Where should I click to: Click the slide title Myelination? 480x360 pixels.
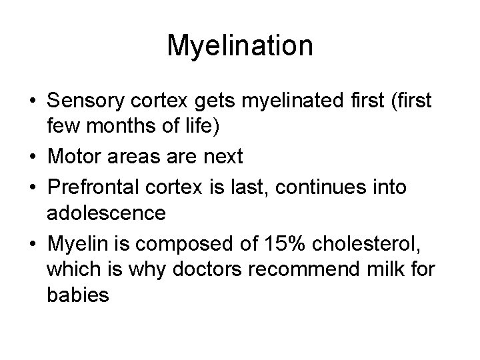pos(240,45)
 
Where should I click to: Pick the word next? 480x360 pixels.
pos(223,157)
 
